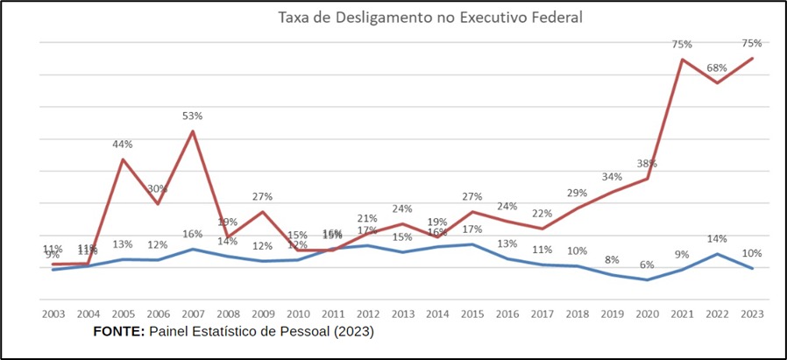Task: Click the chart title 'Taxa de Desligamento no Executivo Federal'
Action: (x=430, y=17)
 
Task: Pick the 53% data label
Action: (x=193, y=116)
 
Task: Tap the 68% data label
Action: (x=717, y=68)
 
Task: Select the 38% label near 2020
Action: (x=647, y=164)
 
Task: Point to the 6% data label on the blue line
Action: (x=647, y=265)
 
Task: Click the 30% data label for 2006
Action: (x=158, y=189)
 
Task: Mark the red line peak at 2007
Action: (x=193, y=131)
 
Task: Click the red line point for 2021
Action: (x=682, y=60)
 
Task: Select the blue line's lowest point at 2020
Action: (x=647, y=280)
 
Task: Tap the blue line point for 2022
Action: (x=717, y=254)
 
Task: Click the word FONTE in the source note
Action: (x=118, y=333)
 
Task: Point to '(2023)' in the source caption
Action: (x=352, y=333)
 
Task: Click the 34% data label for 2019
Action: (x=612, y=178)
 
